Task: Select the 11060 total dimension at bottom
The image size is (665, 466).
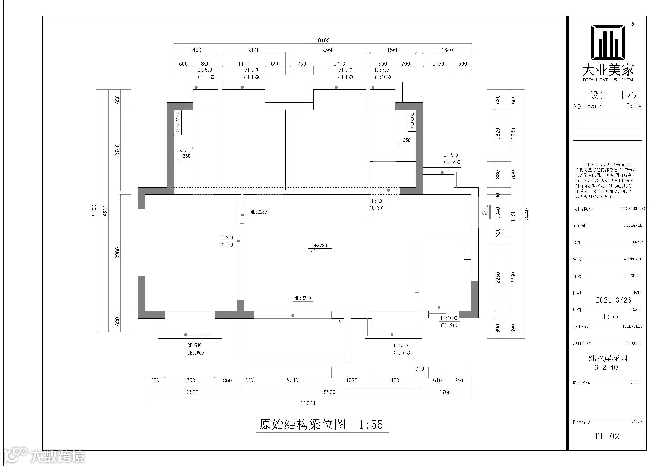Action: click(x=308, y=403)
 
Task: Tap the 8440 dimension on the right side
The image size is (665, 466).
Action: click(x=527, y=214)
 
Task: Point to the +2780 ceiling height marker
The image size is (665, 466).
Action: click(x=320, y=246)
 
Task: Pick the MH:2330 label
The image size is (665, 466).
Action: click(x=303, y=298)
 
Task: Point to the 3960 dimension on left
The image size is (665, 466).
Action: click(x=117, y=253)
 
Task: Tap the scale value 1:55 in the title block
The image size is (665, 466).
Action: click(x=610, y=316)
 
